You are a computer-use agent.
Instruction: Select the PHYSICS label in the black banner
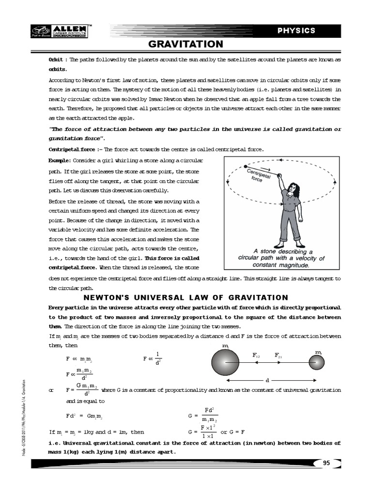(x=296, y=31)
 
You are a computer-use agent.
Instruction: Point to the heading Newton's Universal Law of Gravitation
(x=186, y=297)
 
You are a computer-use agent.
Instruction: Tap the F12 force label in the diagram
(x=256, y=355)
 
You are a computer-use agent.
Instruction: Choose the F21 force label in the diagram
(x=279, y=355)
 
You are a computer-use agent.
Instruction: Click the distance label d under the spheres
(x=267, y=380)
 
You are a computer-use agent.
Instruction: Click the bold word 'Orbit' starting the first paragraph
(x=56, y=59)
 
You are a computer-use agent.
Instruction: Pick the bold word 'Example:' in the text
(x=60, y=160)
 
